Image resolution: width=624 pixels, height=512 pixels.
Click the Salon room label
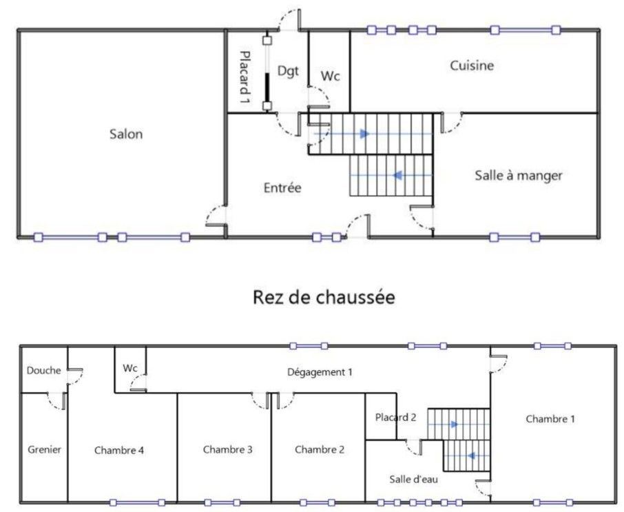pyautogui.click(x=126, y=134)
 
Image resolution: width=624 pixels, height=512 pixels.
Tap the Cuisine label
pyautogui.click(x=472, y=65)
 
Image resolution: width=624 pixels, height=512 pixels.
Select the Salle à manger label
pyautogui.click(x=518, y=176)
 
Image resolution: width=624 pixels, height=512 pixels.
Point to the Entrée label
pyautogui.click(x=282, y=187)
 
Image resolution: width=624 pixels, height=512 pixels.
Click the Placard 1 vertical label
pyautogui.click(x=244, y=76)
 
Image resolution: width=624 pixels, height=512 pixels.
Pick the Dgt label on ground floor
pyautogui.click(x=288, y=70)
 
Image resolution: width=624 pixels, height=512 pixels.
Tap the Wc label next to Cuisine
pyautogui.click(x=331, y=76)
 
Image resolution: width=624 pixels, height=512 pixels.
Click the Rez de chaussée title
pyautogui.click(x=324, y=298)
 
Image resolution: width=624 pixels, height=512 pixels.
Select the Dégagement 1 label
pyautogui.click(x=320, y=372)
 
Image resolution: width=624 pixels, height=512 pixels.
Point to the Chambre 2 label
pyautogui.click(x=319, y=449)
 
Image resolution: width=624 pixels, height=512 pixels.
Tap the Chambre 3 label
pyautogui.click(x=227, y=449)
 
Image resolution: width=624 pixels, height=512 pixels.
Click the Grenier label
pyautogui.click(x=45, y=449)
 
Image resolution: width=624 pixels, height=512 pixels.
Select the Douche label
pyautogui.click(x=44, y=370)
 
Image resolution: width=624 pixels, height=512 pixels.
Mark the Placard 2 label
pyautogui.click(x=396, y=417)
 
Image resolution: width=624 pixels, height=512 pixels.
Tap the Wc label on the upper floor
pyautogui.click(x=130, y=368)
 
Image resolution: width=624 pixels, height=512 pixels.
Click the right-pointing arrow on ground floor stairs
pyautogui.click(x=364, y=134)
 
